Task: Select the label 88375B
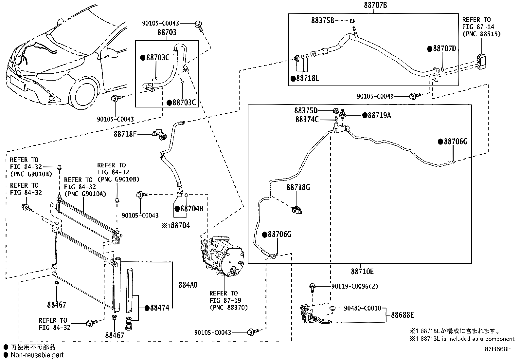coord(323,21)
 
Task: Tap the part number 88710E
coord(362,272)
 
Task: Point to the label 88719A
coord(379,115)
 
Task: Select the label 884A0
coord(188,285)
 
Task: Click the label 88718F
coord(125,134)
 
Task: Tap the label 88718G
coord(298,187)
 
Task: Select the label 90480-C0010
coord(363,308)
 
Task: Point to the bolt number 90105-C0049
coord(375,96)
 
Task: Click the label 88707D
coord(444,49)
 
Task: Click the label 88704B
coord(191,209)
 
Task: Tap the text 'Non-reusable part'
coord(37,355)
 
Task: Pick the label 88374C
coord(307,120)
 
